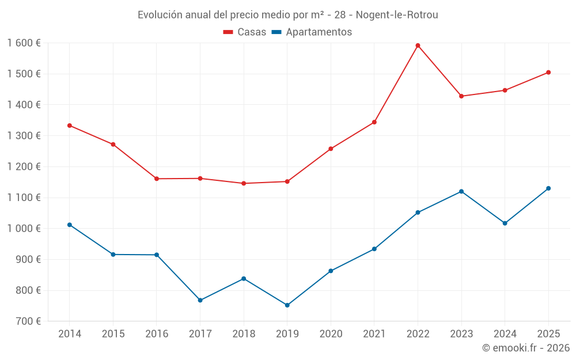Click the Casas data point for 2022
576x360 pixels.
pos(418,46)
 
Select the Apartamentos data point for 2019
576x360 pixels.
pos(287,305)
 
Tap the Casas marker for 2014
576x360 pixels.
pos(70,126)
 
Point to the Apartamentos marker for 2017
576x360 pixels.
pos(200,300)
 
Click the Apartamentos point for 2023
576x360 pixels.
pos(461,191)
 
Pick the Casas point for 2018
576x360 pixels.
pos(244,183)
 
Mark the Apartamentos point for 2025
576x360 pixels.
pos(548,188)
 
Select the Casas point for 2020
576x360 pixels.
pos(331,149)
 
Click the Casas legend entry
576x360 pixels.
pos(245,32)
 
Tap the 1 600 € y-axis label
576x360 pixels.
pos(24,43)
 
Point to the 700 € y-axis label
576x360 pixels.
pos(28,321)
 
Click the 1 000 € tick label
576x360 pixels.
pos(24,229)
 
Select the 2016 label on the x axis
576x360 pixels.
pos(157,334)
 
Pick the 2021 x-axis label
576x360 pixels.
pos(374,334)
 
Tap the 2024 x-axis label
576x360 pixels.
pos(505,334)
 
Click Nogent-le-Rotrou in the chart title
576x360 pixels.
pos(397,15)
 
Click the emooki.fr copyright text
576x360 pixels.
pos(526,348)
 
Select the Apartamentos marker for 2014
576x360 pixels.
pos(70,225)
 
